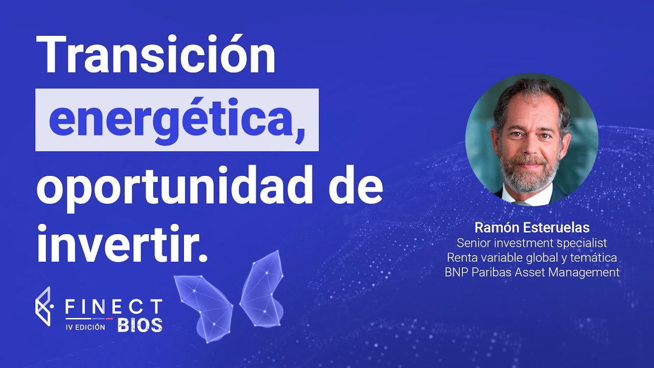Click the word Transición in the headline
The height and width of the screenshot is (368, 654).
coord(156,55)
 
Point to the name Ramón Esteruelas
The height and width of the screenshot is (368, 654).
coord(532,228)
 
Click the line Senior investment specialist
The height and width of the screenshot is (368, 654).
coord(532,243)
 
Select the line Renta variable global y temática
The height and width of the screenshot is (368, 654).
coord(532,258)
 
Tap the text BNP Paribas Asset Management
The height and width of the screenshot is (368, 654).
coord(532,272)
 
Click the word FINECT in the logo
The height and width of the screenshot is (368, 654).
coord(113,307)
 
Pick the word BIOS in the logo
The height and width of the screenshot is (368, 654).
coord(140,325)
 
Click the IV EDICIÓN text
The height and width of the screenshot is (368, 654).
coord(85,327)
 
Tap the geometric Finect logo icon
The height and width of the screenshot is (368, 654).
coord(44,306)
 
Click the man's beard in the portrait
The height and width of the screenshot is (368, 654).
coord(529,172)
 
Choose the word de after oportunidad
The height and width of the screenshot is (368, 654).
coord(356,186)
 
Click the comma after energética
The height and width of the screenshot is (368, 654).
coord(299,135)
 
